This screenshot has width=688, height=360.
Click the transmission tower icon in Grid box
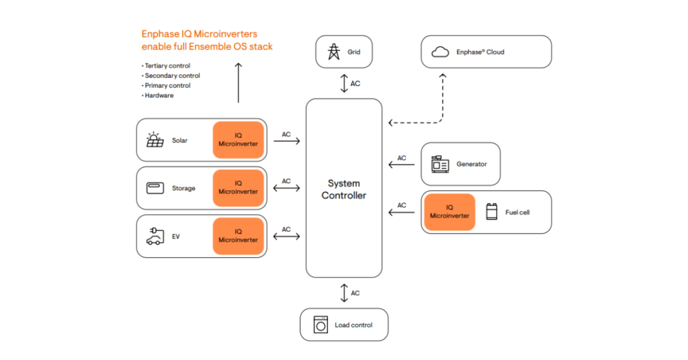(333, 52)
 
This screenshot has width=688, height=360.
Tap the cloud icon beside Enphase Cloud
(440, 52)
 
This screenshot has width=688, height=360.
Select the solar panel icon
(155, 140)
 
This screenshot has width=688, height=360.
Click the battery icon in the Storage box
(155, 188)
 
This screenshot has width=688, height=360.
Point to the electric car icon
(155, 236)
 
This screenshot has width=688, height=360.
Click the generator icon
(441, 164)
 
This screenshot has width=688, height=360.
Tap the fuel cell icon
(492, 212)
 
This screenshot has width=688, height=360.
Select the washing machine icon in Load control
(320, 325)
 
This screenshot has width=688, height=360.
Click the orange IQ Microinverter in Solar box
(238, 140)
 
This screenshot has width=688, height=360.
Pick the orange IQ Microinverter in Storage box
(238, 187)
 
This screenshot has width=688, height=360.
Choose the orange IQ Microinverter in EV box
(238, 236)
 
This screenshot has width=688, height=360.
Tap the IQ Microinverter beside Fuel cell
(449, 212)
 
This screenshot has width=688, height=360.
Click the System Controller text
(344, 189)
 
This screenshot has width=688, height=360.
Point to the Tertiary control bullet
(168, 66)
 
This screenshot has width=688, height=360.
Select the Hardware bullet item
(160, 95)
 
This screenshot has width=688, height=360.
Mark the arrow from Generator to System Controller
(402, 165)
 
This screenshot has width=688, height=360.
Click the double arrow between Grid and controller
(344, 84)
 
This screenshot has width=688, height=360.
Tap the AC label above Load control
(355, 293)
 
